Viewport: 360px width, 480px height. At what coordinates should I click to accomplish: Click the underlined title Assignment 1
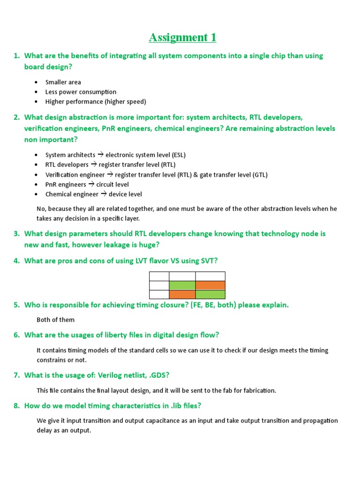(x=183, y=37)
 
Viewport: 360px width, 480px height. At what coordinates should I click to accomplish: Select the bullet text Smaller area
(x=63, y=82)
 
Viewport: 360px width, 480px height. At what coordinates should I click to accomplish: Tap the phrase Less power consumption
(x=81, y=92)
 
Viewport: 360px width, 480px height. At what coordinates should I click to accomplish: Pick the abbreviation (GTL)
(x=260, y=175)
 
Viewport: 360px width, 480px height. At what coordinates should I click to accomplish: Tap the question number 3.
(x=16, y=233)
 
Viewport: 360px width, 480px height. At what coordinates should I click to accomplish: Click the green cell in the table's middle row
(x=182, y=285)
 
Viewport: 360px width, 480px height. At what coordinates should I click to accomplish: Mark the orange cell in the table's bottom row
(x=182, y=294)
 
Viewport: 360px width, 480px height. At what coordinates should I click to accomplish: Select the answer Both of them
(x=55, y=320)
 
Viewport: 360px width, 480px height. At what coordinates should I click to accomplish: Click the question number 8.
(x=16, y=405)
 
